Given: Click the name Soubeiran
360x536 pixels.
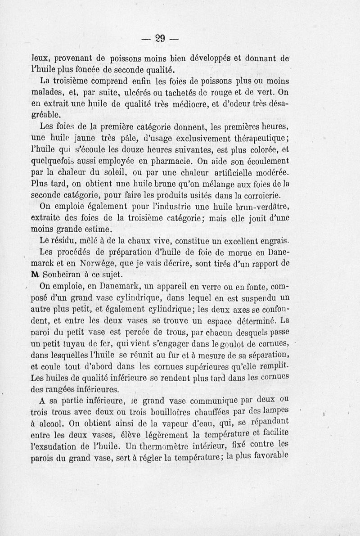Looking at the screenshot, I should [64, 275].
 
